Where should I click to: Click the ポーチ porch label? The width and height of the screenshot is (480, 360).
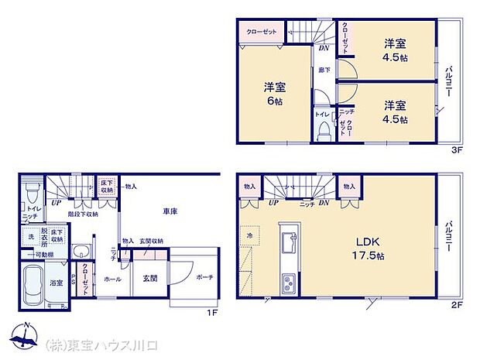click(x=204, y=278)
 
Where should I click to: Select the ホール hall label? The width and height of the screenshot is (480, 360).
click(x=111, y=279)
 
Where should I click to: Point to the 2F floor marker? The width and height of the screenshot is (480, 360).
click(x=457, y=305)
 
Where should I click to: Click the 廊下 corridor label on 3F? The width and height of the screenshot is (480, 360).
click(x=324, y=70)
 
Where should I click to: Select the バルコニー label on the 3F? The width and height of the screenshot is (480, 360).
click(x=449, y=81)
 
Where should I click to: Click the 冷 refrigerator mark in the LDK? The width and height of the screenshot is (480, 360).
click(x=250, y=235)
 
